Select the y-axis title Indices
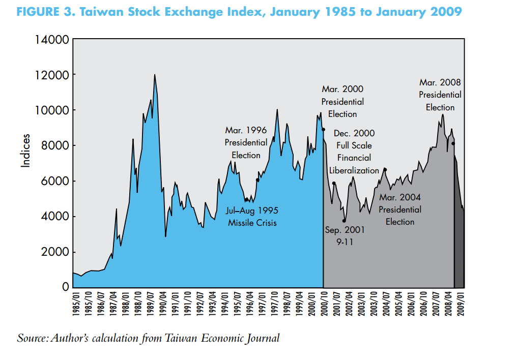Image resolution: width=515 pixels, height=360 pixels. [x=25, y=151]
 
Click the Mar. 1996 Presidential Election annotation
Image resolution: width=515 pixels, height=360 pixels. [x=246, y=143]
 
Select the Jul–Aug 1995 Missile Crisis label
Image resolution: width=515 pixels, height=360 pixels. [x=252, y=216]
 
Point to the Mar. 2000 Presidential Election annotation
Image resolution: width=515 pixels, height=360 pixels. [x=342, y=102]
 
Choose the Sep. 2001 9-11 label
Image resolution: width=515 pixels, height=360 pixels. [x=345, y=236]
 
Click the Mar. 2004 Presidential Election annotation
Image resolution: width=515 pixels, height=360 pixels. [x=399, y=209]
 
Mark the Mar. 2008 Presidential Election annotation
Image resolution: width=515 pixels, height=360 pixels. [x=440, y=95]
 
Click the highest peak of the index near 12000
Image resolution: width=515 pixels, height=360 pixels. [x=155, y=75]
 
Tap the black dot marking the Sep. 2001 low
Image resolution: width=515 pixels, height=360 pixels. [x=344, y=221]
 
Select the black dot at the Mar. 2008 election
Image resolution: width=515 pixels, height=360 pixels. [x=453, y=144]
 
